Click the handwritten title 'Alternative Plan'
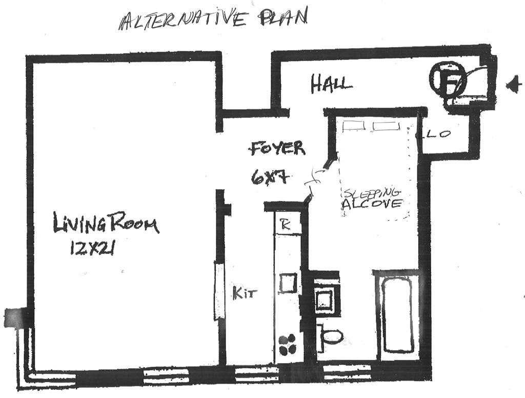[x=213, y=19]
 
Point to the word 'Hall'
[x=331, y=84]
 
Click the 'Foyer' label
[x=277, y=148]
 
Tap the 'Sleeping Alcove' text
[x=372, y=198]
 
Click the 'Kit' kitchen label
[x=244, y=294]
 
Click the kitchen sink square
[x=288, y=283]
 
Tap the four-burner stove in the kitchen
[x=288, y=344]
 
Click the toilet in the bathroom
[x=330, y=336]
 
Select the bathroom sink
[x=326, y=297]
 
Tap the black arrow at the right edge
[x=512, y=85]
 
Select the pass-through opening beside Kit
[x=218, y=291]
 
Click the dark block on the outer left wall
[x=13, y=317]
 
